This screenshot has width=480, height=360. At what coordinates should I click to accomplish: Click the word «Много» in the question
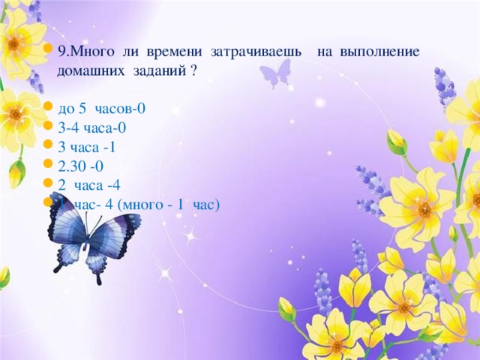coord(91,52)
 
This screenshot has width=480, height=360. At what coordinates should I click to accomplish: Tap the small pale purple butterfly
coord(274,73)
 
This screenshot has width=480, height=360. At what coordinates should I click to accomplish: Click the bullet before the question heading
coord(48,52)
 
